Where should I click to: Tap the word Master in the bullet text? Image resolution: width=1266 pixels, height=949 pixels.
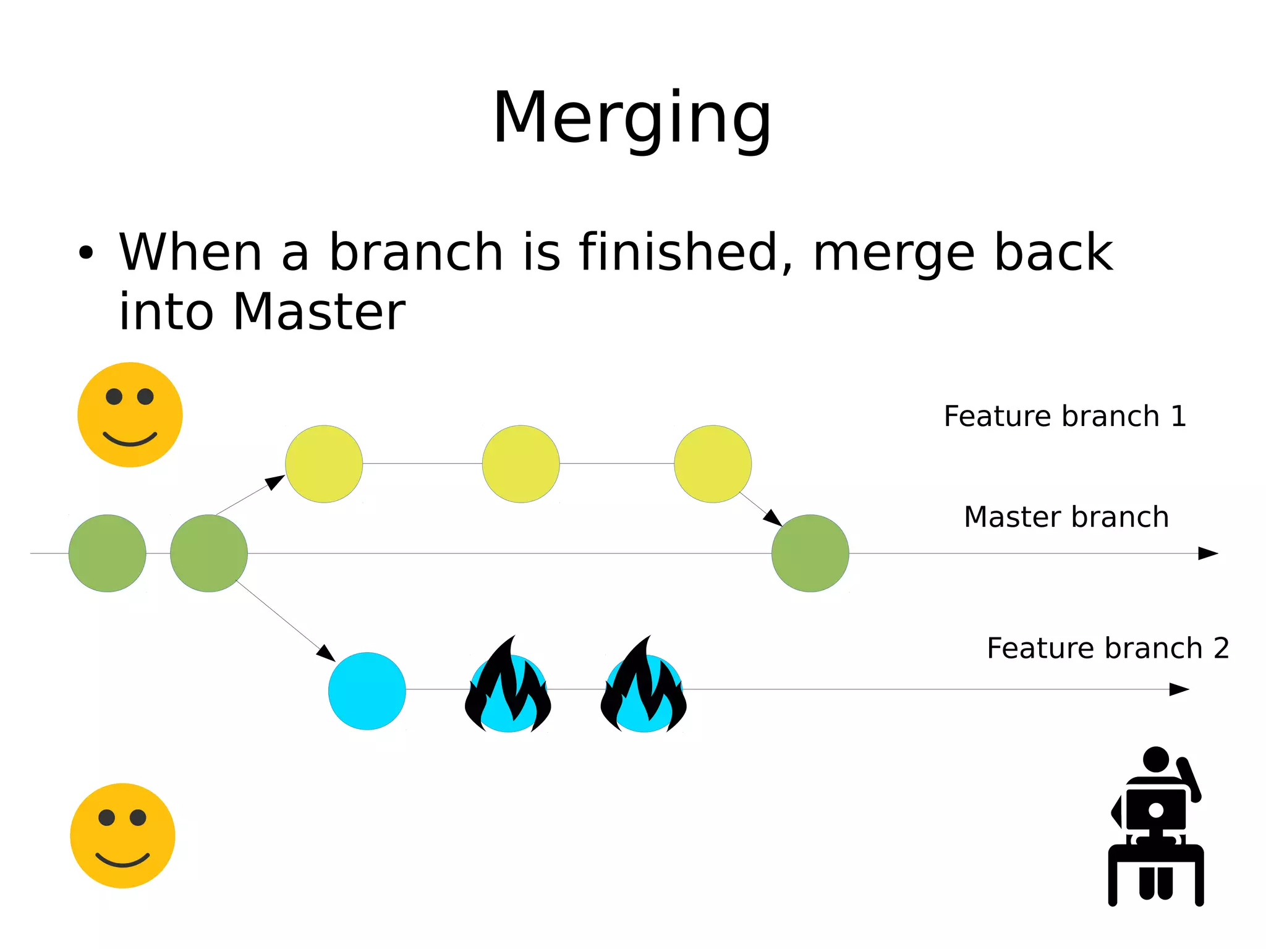[319, 312]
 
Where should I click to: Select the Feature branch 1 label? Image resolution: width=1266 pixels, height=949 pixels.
[1064, 416]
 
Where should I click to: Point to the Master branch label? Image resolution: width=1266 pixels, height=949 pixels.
[1066, 517]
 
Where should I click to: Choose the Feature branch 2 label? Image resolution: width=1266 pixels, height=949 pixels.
[1107, 649]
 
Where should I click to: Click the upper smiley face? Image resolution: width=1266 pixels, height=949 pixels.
[130, 414]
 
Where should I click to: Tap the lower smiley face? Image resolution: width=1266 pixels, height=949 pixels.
[122, 835]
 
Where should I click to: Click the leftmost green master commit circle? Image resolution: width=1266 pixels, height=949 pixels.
[107, 553]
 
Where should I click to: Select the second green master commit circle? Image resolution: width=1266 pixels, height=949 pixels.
[209, 553]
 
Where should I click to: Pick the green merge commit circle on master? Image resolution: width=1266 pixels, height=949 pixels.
[810, 553]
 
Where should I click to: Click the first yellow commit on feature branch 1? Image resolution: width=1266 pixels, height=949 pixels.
[324, 464]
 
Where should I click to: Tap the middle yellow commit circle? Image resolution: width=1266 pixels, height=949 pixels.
[520, 464]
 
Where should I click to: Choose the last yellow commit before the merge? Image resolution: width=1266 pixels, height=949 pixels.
[713, 464]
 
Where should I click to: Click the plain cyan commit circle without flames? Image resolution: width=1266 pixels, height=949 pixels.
[367, 691]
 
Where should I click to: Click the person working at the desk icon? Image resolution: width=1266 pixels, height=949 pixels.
[1155, 826]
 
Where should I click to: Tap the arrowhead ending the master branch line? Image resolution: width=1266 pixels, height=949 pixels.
[1207, 553]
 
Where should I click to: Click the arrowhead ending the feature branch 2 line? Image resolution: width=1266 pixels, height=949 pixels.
[1179, 689]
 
